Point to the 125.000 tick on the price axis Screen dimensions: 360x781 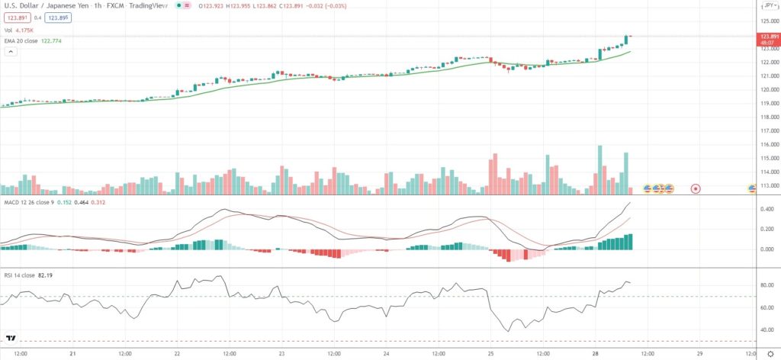point(768,21)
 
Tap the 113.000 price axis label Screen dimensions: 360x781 point(768,185)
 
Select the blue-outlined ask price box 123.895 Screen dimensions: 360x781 point(55,18)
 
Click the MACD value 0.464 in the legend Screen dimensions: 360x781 point(77,203)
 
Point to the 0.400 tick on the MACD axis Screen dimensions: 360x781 point(767,208)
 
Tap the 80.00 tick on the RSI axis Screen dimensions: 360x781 point(767,285)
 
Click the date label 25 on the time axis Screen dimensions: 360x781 point(491,353)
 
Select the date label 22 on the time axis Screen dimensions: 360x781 point(176,353)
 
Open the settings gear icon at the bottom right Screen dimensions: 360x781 point(770,353)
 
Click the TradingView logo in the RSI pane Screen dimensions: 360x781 point(11,337)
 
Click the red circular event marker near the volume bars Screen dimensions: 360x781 point(695,188)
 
